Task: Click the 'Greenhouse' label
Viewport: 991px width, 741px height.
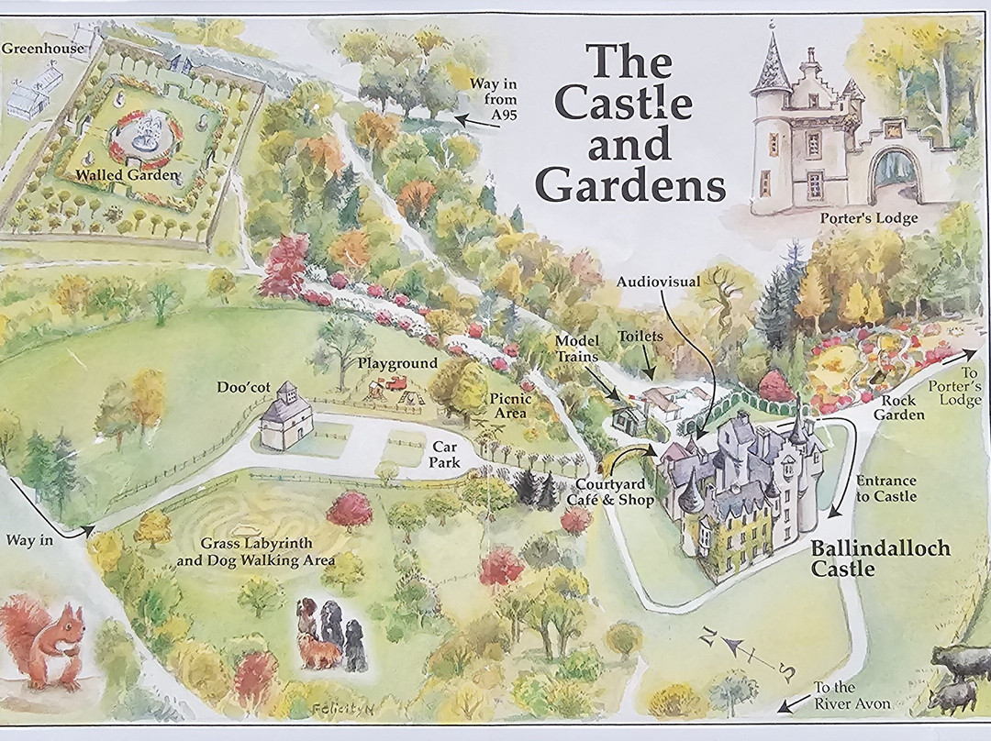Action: click(x=42, y=49)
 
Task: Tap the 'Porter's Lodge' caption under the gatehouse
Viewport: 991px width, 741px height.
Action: click(x=865, y=217)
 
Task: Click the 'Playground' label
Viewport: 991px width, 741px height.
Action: click(x=397, y=363)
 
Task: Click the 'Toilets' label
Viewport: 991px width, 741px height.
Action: click(x=640, y=337)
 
